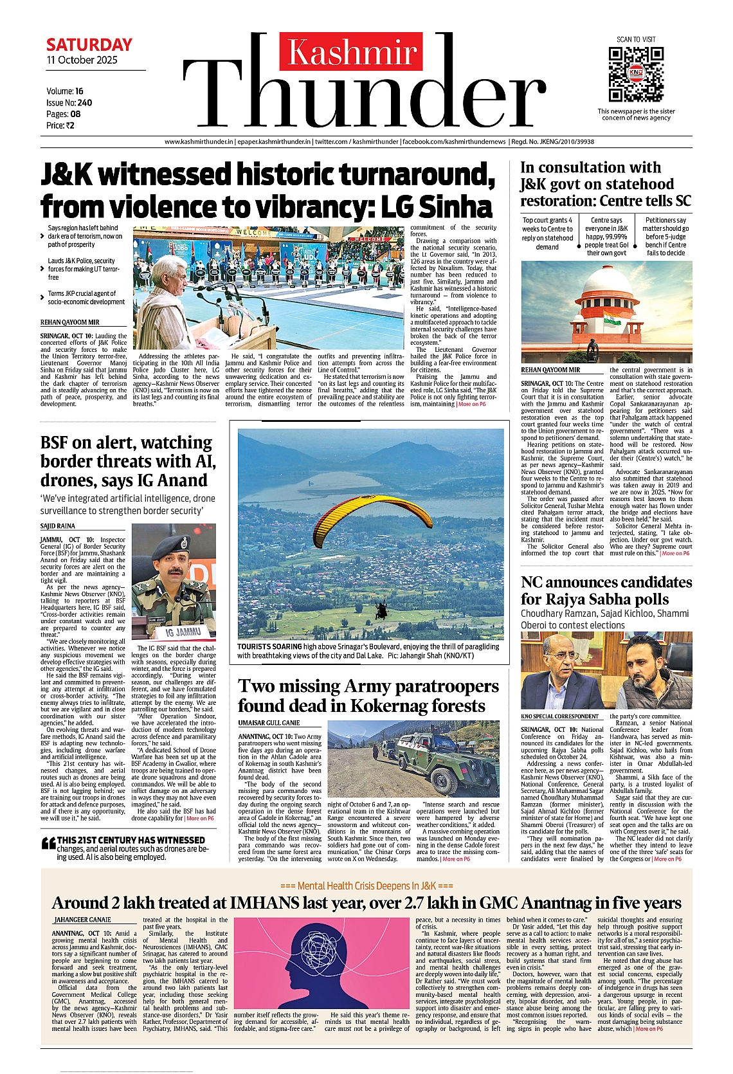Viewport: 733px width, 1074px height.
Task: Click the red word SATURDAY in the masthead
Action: (89, 45)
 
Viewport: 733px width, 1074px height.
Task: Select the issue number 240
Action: (84, 102)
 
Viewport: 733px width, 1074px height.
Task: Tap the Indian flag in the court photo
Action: (611, 318)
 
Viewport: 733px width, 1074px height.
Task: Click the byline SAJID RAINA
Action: (58, 526)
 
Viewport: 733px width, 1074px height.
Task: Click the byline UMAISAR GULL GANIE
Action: (269, 723)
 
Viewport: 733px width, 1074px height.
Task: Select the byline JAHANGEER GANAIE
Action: (82, 920)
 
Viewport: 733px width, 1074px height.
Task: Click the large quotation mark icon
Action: (48, 844)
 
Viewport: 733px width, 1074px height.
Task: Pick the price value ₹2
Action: (70, 125)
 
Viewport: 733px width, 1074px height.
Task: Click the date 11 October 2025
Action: (82, 60)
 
